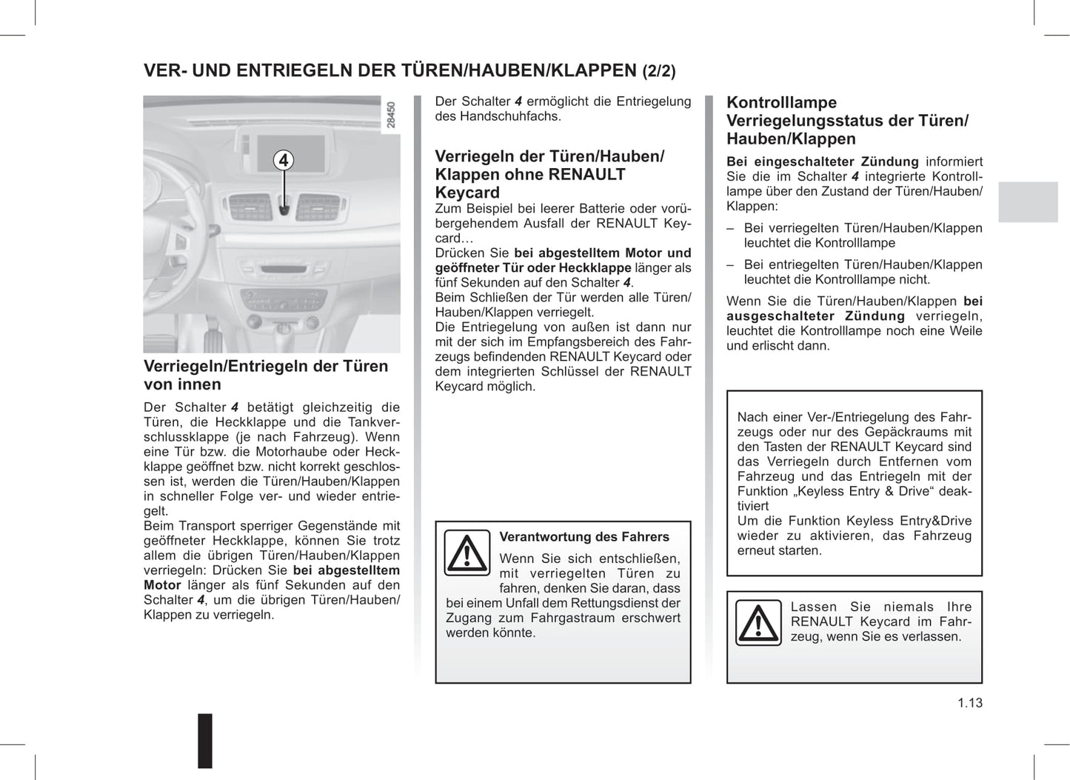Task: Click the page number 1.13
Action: [969, 703]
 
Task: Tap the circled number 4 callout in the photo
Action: [283, 160]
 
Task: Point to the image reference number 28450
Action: [391, 115]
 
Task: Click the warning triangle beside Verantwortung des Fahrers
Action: [467, 553]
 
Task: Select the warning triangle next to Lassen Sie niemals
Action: [758, 622]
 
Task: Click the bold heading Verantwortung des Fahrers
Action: [584, 537]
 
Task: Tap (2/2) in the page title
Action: [658, 71]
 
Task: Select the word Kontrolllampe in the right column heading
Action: [781, 103]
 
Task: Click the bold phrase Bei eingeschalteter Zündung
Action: [822, 161]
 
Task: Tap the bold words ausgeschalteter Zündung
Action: [815, 316]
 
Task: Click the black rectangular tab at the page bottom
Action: [205, 740]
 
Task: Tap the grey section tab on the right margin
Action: [1028, 201]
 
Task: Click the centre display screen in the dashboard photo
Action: [284, 152]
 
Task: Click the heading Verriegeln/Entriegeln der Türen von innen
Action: [265, 375]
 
